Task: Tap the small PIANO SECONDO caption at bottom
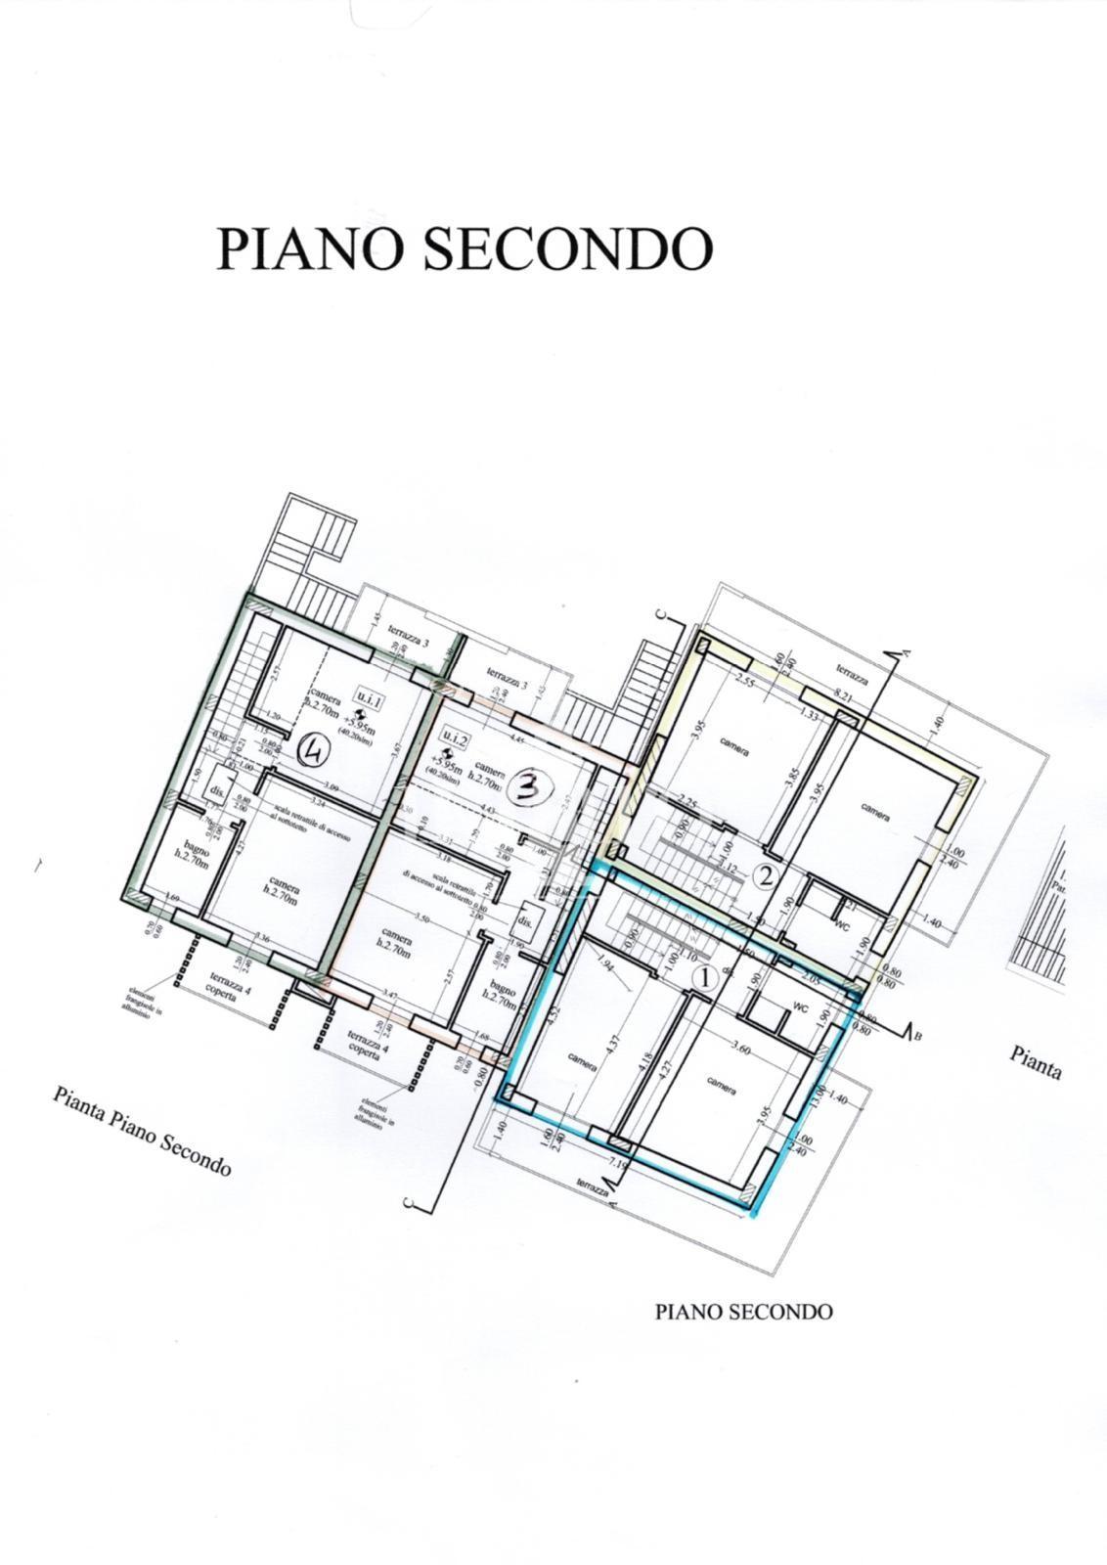[743, 1312]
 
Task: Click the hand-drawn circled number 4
[317, 751]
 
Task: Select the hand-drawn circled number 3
[528, 786]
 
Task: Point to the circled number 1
[704, 976]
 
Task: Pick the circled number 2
[768, 876]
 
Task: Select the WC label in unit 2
[839, 923]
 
